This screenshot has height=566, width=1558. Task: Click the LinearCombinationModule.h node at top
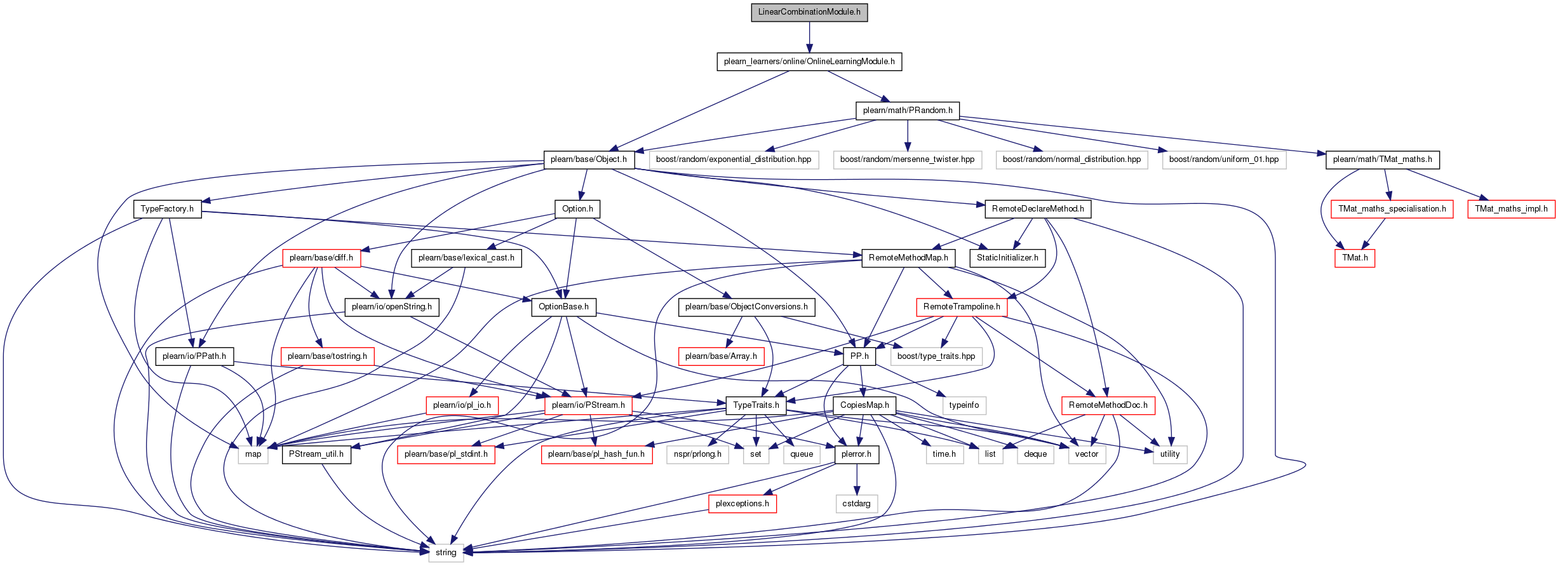coord(809,12)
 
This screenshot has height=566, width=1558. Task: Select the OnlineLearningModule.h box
coord(809,62)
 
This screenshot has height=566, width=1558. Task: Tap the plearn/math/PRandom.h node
coord(908,111)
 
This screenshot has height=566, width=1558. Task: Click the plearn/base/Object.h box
coord(589,159)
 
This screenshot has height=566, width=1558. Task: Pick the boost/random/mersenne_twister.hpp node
coord(907,159)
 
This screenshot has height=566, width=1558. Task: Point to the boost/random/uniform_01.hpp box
coord(1224,159)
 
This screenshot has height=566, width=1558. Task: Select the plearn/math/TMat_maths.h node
coord(1382,159)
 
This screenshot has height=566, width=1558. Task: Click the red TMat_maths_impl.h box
coord(1512,209)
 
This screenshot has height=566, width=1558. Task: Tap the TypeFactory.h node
coord(167,209)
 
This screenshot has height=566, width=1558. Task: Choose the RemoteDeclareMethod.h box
coord(1038,209)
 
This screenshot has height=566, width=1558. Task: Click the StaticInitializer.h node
coord(1007,258)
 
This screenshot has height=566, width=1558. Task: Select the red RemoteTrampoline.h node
coord(962,307)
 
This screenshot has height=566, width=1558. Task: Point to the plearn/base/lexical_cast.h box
coord(466,258)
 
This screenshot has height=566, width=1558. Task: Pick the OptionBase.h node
coord(563,307)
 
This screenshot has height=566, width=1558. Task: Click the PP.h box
coord(859,356)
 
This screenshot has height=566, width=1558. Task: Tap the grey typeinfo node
coord(964,405)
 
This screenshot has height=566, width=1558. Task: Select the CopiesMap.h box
coord(864,405)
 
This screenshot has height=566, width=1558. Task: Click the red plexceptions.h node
coord(742,504)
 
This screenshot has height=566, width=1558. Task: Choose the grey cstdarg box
coord(856,504)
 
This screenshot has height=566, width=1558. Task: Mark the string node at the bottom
coord(446,553)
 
